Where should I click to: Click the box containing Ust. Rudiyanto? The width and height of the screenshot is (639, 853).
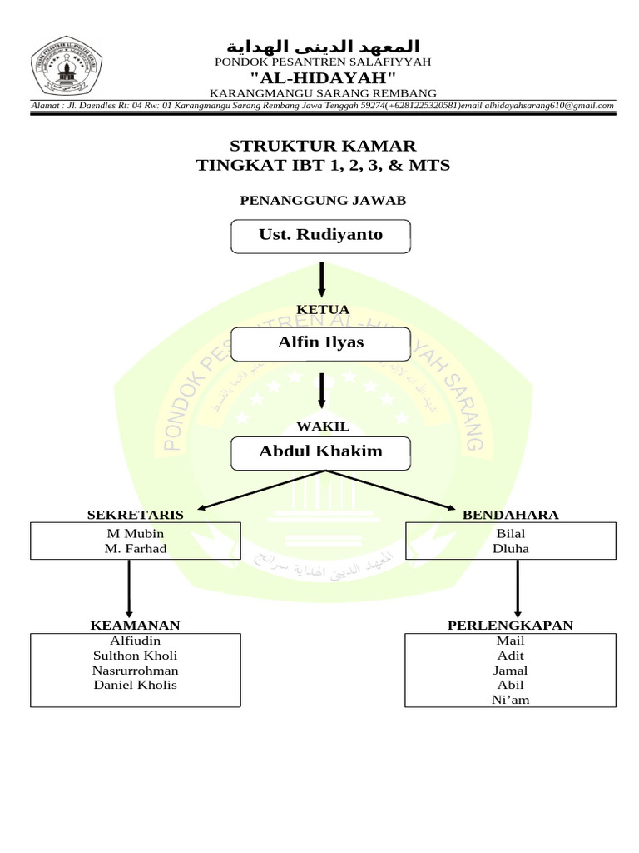point(319,235)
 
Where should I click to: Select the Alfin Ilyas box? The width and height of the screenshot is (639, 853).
point(319,343)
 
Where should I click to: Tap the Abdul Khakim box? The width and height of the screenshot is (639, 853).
point(319,451)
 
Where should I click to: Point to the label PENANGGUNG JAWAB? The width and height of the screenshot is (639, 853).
point(323,200)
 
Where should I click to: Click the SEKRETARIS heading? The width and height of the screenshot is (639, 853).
point(136,515)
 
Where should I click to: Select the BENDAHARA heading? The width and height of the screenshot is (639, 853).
point(510,515)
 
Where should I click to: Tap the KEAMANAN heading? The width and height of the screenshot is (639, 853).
point(136,625)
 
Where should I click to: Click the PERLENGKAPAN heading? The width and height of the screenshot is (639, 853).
point(510,625)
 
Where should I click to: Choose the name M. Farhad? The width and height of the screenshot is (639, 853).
point(136,549)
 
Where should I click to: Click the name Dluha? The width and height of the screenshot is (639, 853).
point(510,549)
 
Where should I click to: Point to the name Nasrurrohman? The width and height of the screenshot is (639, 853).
point(136,671)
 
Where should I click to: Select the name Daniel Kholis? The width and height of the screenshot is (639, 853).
point(136,685)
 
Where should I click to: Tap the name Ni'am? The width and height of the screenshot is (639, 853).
point(510,700)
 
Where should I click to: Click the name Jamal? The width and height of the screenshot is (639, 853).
point(510,671)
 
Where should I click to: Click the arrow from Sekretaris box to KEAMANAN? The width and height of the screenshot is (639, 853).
point(129,587)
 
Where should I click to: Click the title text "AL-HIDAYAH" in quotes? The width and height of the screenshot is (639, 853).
point(323,77)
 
